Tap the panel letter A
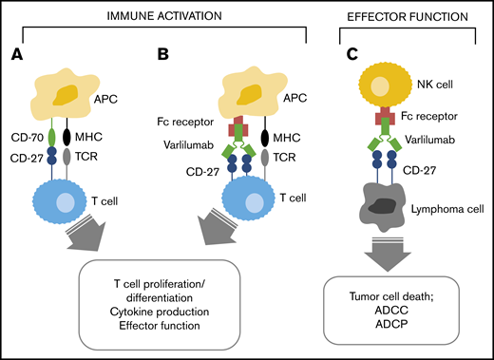(x=15, y=54)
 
